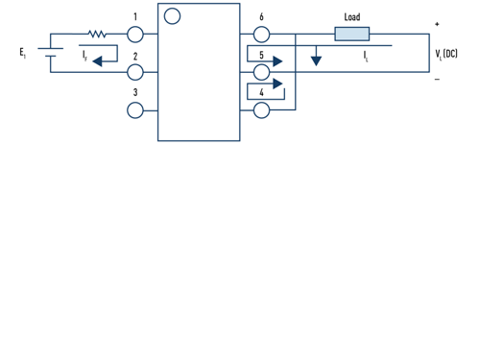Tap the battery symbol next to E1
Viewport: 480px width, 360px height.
pyautogui.click(x=50, y=53)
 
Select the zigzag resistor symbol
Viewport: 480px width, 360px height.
pyautogui.click(x=97, y=34)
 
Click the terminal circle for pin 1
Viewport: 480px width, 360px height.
pyautogui.click(x=135, y=34)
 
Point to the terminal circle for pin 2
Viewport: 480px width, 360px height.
pyautogui.click(x=135, y=72)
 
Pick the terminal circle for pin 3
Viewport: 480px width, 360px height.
pyautogui.click(x=135, y=110)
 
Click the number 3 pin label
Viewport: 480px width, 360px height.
pyautogui.click(x=135, y=93)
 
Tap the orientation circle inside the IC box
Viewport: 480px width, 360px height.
pyautogui.click(x=172, y=16)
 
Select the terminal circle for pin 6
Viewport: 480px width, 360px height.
pyautogui.click(x=262, y=34)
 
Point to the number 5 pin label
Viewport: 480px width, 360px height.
pyautogui.click(x=261, y=56)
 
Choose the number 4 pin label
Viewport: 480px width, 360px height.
pyautogui.click(x=261, y=93)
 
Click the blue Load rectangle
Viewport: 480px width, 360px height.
pyautogui.click(x=351, y=34)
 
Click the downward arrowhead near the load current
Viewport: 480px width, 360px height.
pyautogui.click(x=316, y=61)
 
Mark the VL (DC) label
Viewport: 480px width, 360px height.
pyautogui.click(x=446, y=54)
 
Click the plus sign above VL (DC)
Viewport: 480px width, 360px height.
pyautogui.click(x=438, y=24)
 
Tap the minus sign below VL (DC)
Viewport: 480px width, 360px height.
pyautogui.click(x=438, y=79)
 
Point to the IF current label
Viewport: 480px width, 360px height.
pyautogui.click(x=84, y=55)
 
